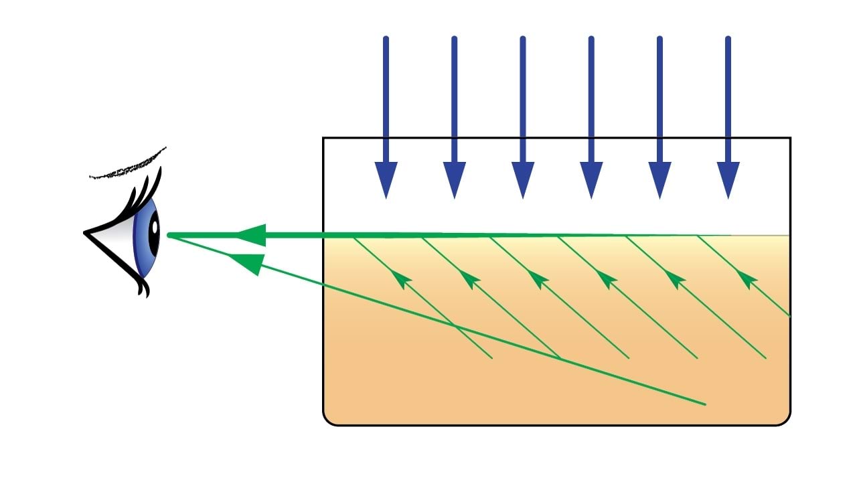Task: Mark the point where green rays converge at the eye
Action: coord(169,235)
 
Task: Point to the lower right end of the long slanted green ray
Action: coord(704,404)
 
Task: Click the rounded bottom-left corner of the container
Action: coord(329,419)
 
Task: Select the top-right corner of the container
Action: coord(790,139)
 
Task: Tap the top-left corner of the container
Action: coord(324,139)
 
